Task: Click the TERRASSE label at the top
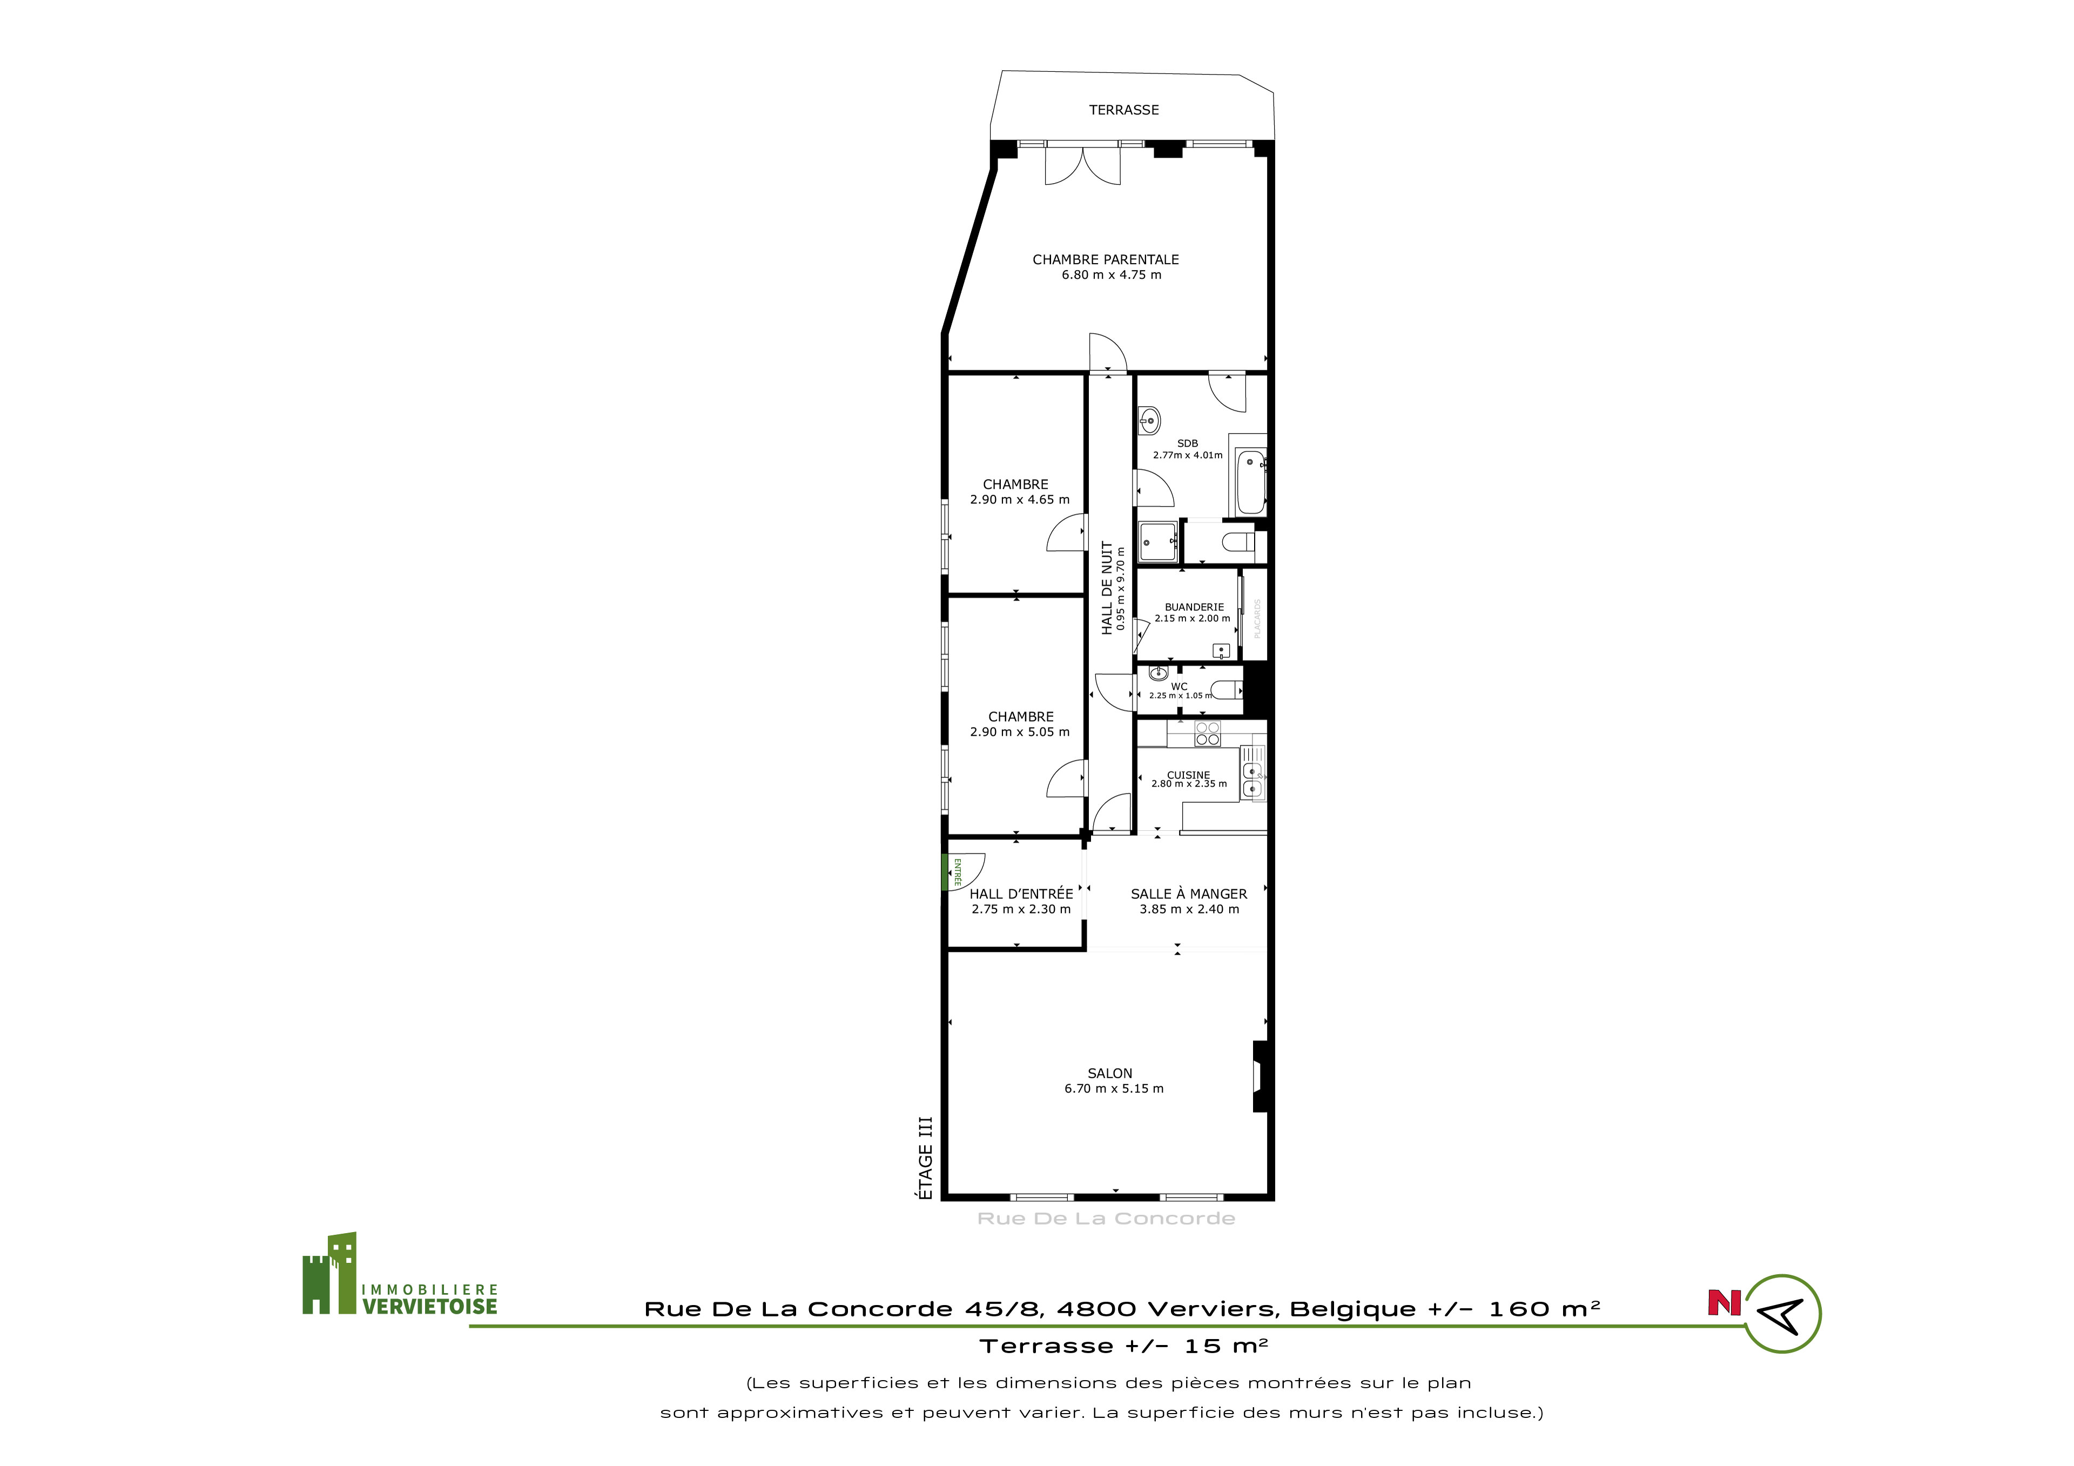click(x=1124, y=110)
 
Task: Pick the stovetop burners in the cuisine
click(x=1208, y=734)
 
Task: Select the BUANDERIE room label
click(x=1194, y=608)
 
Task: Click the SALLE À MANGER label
click(x=1189, y=894)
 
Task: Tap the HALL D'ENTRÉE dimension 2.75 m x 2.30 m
click(x=1022, y=910)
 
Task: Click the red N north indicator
click(x=1723, y=1302)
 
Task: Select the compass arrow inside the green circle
click(x=1782, y=1314)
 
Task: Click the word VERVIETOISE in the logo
click(x=430, y=1306)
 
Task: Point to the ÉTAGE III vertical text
click(x=925, y=1159)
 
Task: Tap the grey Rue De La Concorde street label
click(x=1107, y=1219)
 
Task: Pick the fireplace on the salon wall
click(x=1262, y=1077)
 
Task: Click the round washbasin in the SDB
click(x=1149, y=420)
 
